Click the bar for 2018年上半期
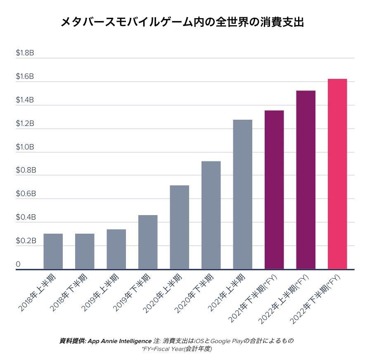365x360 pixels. (x=53, y=251)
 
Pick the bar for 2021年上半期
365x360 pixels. (x=242, y=194)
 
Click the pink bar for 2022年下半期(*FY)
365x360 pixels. (x=337, y=174)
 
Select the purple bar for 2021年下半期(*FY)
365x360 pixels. (x=274, y=190)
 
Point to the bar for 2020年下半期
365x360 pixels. (x=211, y=215)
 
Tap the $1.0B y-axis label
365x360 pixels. (x=25, y=147)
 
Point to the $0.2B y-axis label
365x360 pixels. (x=25, y=240)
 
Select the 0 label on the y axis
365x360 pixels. (x=18, y=264)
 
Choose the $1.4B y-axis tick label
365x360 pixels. (x=25, y=100)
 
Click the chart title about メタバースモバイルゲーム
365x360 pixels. (x=182, y=22)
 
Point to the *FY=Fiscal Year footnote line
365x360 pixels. (x=177, y=349)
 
